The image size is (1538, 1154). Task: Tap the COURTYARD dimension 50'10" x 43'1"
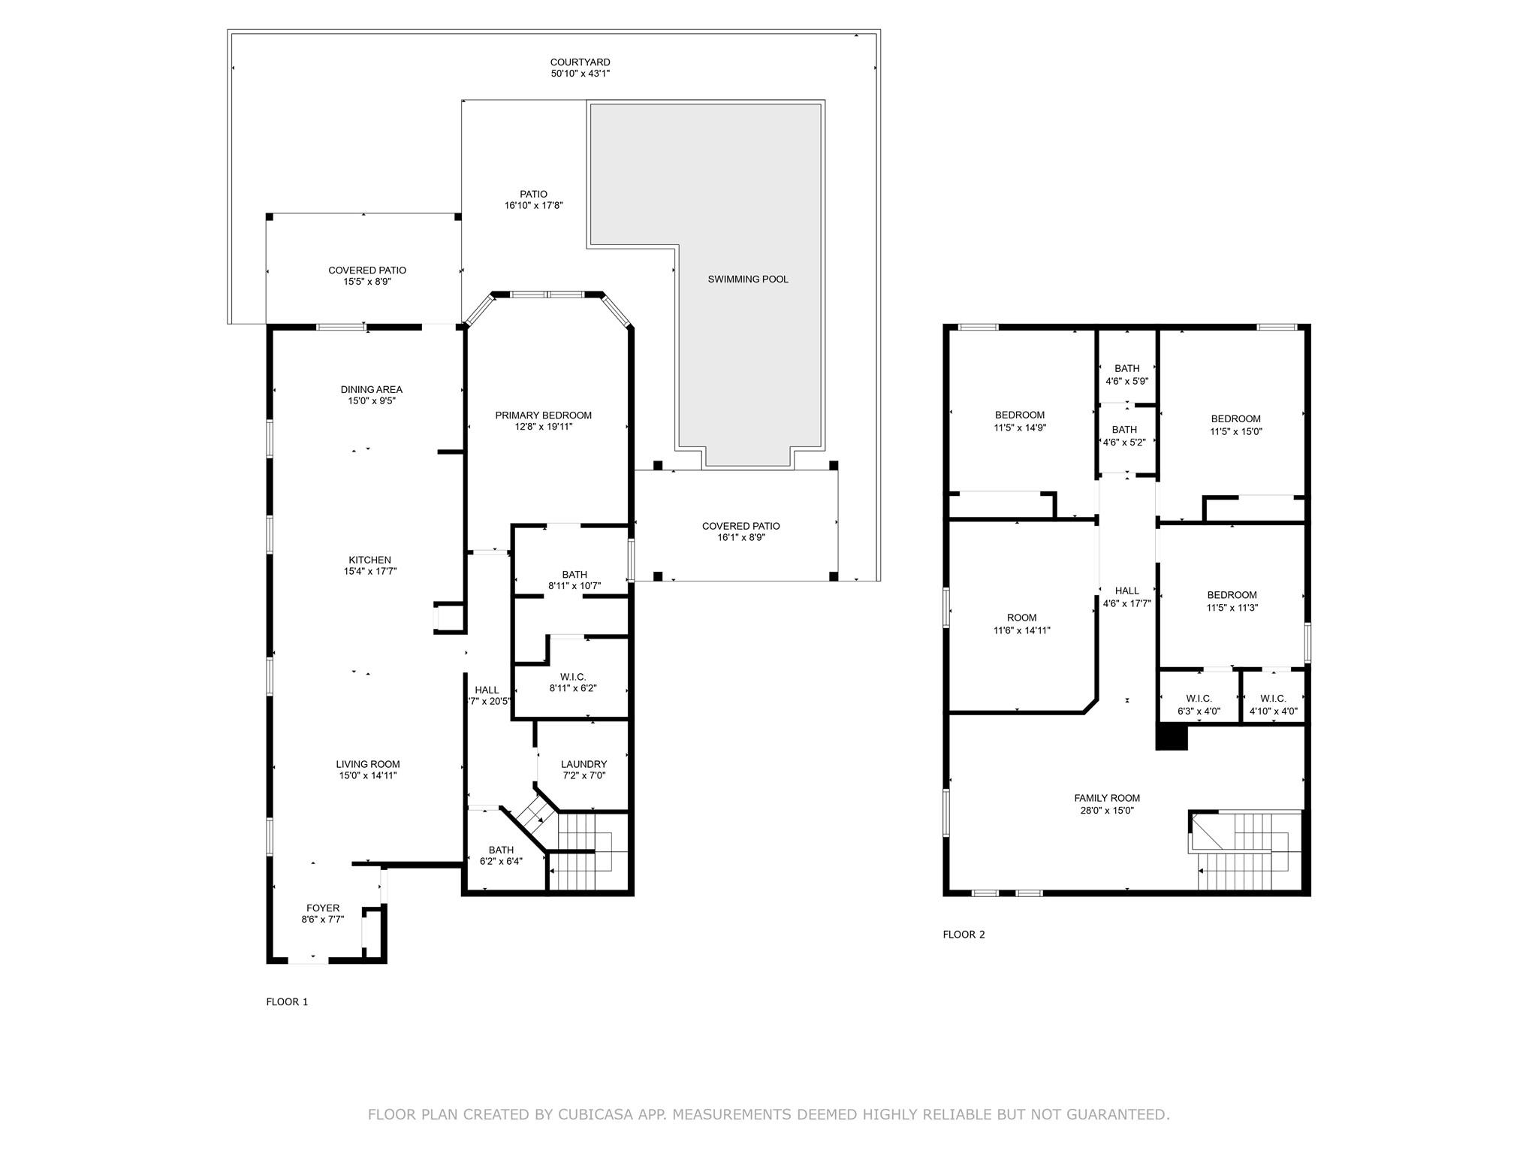tap(580, 74)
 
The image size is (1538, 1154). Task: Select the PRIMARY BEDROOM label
tap(543, 415)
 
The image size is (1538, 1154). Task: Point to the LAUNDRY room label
tap(584, 764)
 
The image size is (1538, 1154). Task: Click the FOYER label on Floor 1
tap(322, 908)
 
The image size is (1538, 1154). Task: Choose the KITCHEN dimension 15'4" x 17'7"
tap(369, 572)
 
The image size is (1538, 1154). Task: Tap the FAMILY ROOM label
tap(1106, 799)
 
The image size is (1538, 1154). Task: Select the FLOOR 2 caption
tap(964, 935)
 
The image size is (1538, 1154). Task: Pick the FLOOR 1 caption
tap(287, 1002)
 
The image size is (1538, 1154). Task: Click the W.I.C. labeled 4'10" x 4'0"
tap(1273, 705)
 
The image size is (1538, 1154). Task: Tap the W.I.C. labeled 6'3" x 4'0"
tap(1199, 705)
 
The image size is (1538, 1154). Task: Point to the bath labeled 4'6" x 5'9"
tap(1126, 374)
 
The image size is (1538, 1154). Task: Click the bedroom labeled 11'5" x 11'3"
tap(1232, 601)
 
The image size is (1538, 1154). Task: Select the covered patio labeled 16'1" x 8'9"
tap(740, 532)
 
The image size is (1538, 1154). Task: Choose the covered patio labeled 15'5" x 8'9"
tap(367, 276)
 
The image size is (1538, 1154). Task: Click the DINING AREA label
tap(371, 389)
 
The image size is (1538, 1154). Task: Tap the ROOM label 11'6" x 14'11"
tap(1021, 624)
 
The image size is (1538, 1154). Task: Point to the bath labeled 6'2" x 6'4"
tap(501, 856)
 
